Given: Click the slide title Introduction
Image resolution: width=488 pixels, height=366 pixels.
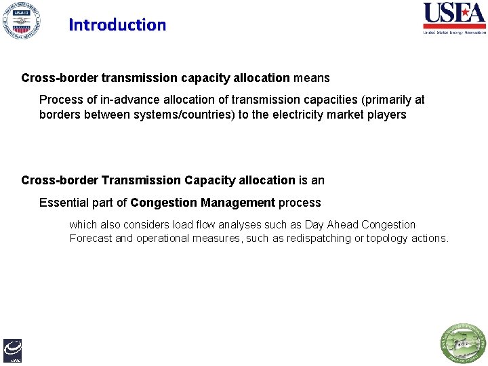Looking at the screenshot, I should coord(117,25).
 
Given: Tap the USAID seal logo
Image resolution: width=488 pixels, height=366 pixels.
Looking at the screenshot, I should coord(20,20).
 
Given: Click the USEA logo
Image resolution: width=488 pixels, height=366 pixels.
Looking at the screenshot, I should coord(454,18).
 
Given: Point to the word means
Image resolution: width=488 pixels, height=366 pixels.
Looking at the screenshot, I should coord(311,78).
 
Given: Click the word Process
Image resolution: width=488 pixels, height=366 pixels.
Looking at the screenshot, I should coord(61,100).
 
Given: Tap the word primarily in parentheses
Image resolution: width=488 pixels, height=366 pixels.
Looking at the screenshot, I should coord(384,100).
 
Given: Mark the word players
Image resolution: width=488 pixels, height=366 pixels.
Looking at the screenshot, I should coord(386,115).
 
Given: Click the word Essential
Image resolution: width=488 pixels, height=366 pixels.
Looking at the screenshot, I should coord(66,203).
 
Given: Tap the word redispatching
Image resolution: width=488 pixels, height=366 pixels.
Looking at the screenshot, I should coord(319,239).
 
